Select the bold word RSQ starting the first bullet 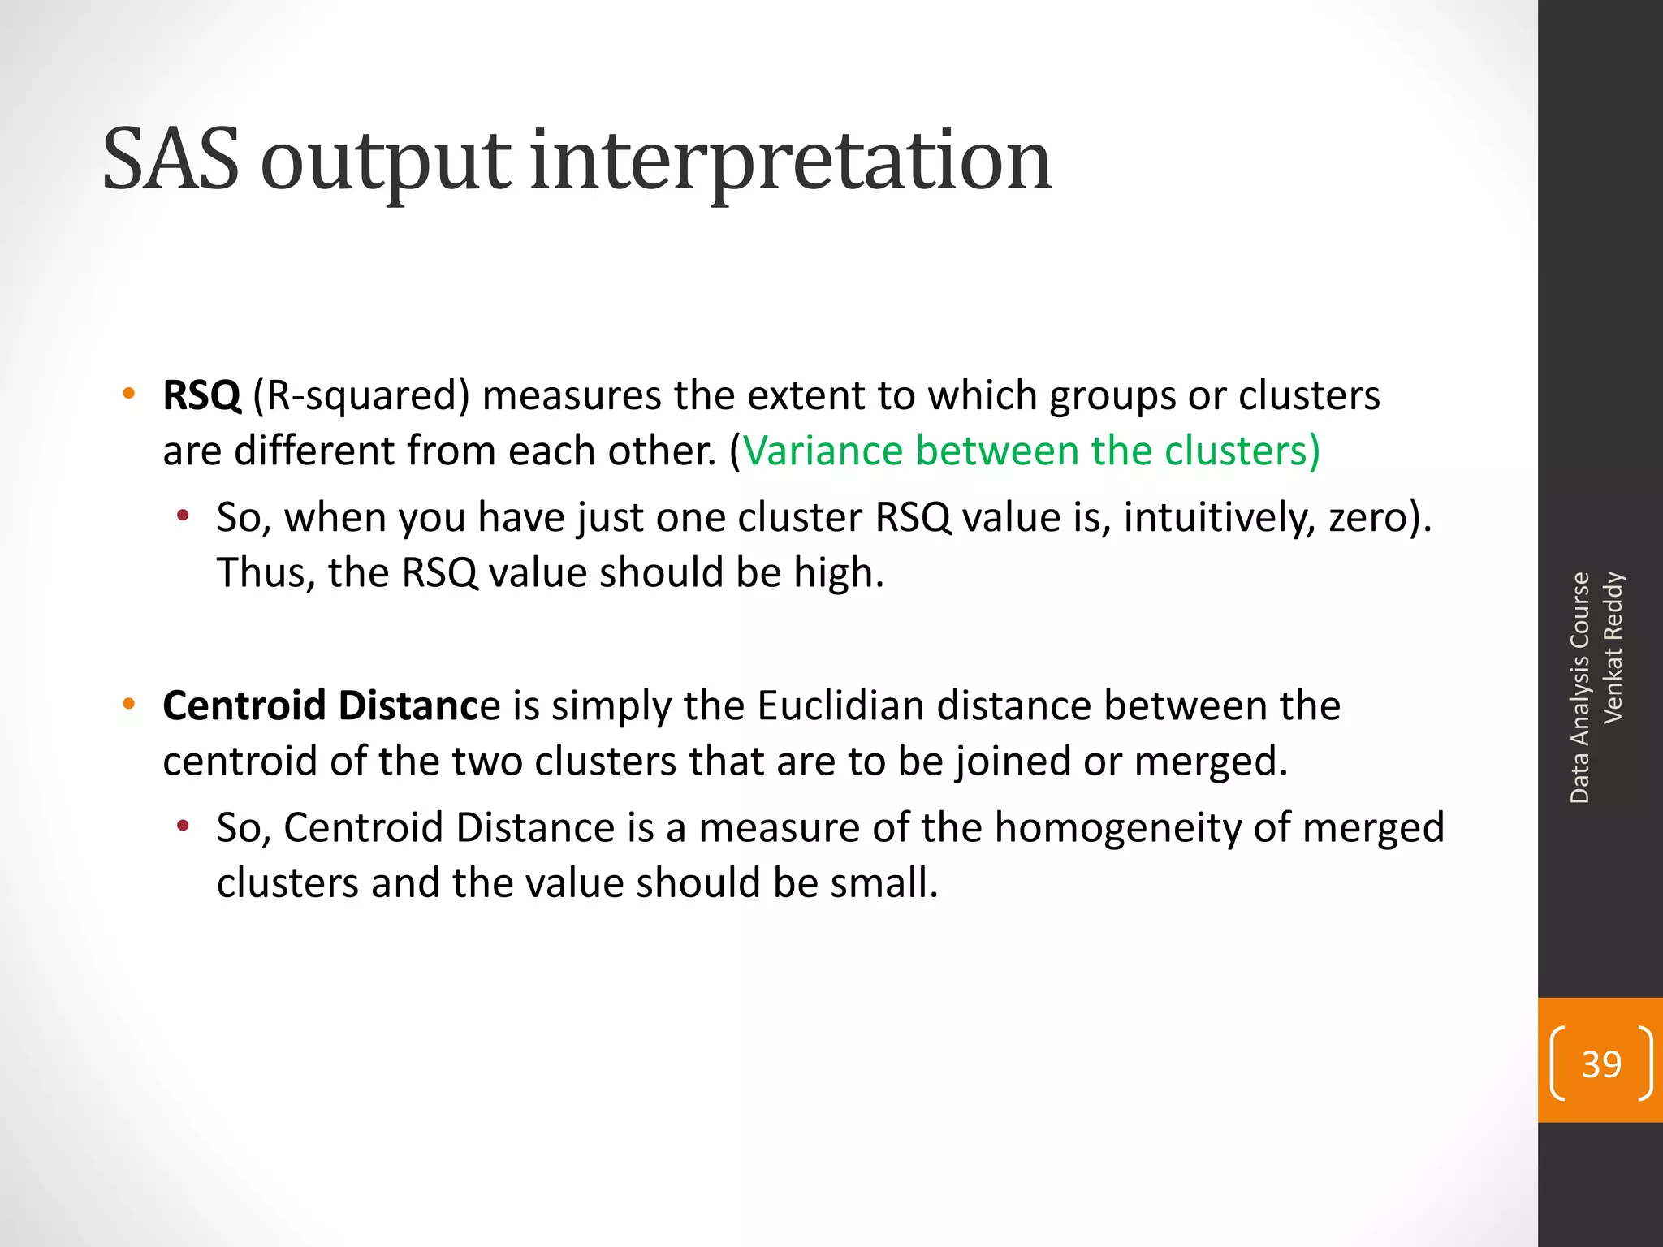point(201,396)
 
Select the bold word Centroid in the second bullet point(244,705)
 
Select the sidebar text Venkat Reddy point(1613,647)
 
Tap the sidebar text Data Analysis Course point(1579,688)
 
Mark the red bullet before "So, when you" point(184,516)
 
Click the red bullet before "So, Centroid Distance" point(184,826)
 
